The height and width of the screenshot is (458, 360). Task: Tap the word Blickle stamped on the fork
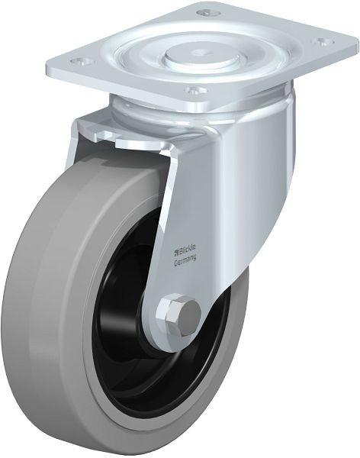pyautogui.click(x=188, y=249)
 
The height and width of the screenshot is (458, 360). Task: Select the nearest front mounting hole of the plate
pyautogui.click(x=195, y=90)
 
